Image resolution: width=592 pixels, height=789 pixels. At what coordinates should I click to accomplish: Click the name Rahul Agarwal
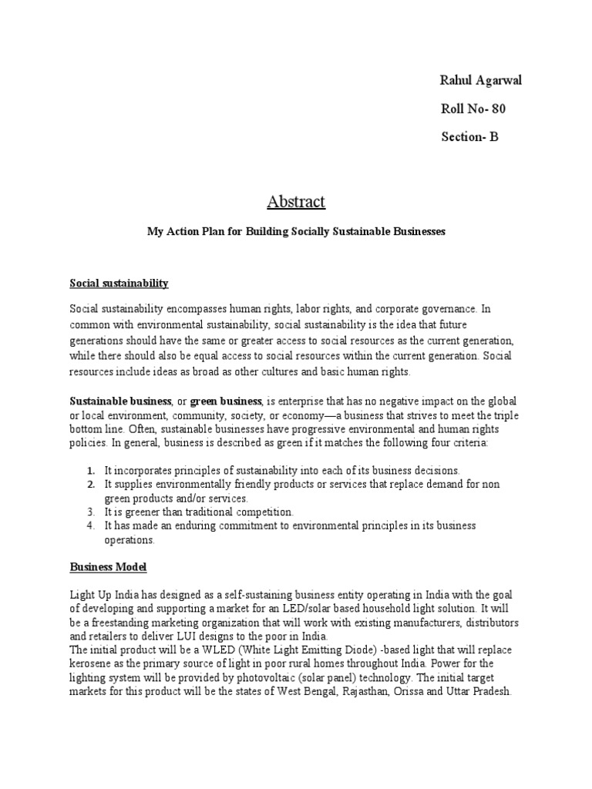pyautogui.click(x=485, y=81)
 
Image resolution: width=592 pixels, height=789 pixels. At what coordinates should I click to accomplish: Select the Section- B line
pyautogui.click(x=469, y=137)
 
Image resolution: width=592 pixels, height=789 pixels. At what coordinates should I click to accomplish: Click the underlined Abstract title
pyautogui.click(x=296, y=202)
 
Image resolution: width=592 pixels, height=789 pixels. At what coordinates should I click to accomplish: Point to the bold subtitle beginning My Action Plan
pyautogui.click(x=296, y=231)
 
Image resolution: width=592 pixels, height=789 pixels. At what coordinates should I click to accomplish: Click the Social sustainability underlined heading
pyautogui.click(x=119, y=284)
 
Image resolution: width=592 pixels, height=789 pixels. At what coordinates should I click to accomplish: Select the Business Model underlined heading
pyautogui.click(x=108, y=567)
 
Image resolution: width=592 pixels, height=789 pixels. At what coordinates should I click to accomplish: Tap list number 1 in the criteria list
pyautogui.click(x=90, y=470)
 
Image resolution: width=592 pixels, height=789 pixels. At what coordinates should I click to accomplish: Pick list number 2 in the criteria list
pyautogui.click(x=90, y=484)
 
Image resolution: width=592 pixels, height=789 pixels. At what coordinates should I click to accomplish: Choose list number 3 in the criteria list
pyautogui.click(x=90, y=512)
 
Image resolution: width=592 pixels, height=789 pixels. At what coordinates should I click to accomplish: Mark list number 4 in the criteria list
pyautogui.click(x=90, y=525)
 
